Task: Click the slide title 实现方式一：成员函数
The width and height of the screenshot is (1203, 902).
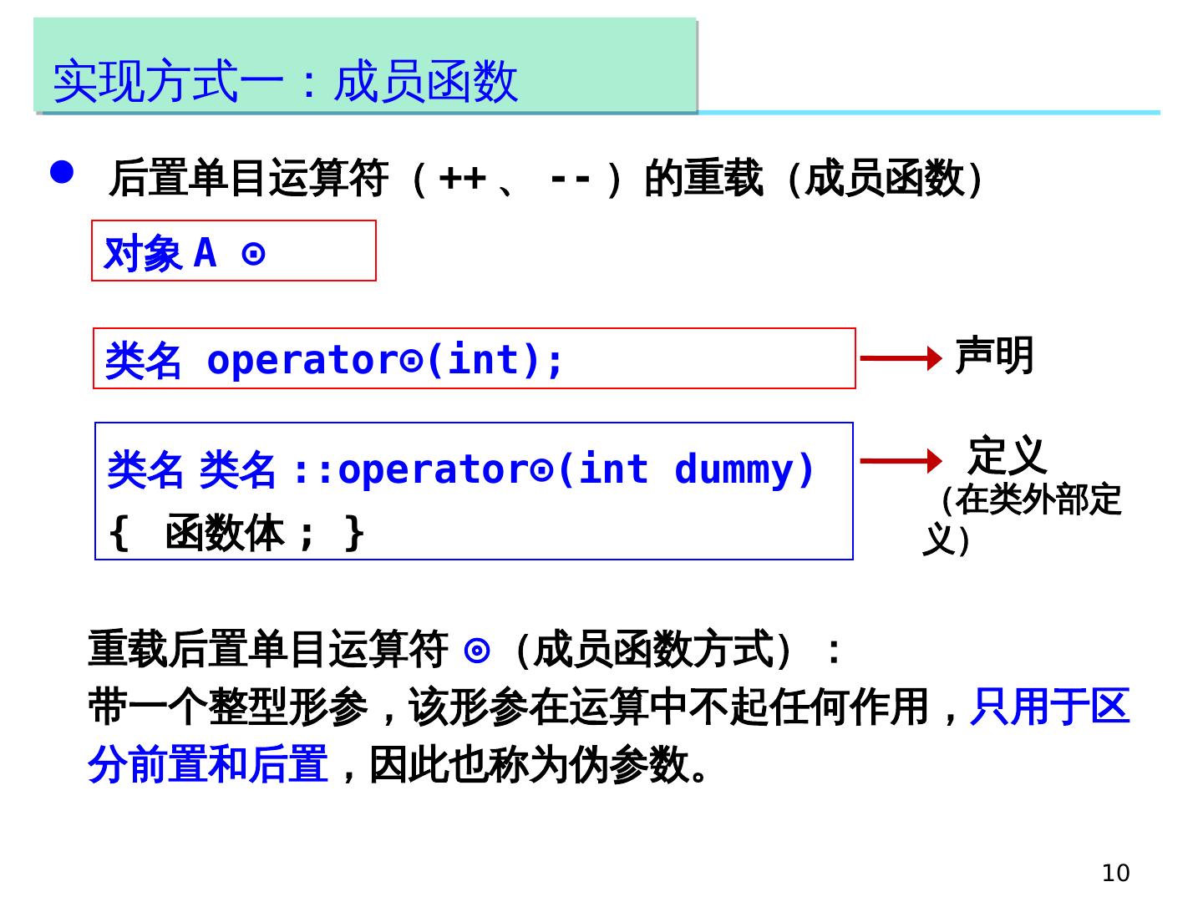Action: pos(285,81)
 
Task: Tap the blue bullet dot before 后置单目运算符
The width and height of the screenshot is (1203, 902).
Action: pos(63,172)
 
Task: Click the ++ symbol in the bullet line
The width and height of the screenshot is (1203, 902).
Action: pos(462,179)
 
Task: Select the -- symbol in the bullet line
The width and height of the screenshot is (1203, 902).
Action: pos(571,179)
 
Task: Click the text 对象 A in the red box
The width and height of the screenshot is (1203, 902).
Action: pos(160,253)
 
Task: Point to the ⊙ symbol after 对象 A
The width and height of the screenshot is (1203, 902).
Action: pos(253,253)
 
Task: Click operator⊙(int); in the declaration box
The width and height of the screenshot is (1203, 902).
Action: pos(385,360)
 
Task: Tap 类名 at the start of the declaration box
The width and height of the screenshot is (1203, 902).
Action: pos(143,361)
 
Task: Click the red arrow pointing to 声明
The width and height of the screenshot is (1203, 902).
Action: pos(901,358)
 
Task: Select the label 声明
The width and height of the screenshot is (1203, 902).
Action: pos(994,356)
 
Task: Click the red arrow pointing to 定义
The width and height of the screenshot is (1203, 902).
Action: pos(901,460)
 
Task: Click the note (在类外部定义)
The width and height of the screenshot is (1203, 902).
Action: pos(1024,519)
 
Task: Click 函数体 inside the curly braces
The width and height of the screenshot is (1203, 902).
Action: pos(225,533)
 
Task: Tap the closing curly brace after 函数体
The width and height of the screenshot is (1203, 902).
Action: pos(354,533)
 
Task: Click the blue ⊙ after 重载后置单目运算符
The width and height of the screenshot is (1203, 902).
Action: pos(476,650)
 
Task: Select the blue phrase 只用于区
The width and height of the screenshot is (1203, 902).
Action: pos(1049,707)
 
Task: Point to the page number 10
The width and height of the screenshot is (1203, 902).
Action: pos(1115,873)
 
